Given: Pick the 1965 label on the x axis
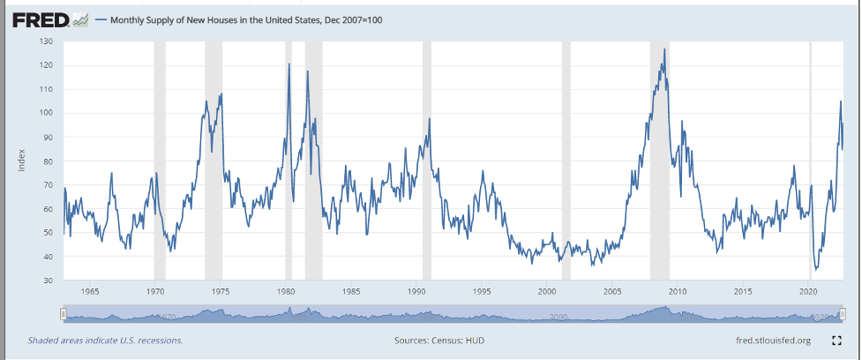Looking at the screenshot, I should [89, 290].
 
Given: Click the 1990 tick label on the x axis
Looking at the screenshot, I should [416, 290].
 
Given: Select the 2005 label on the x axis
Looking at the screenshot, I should [612, 290].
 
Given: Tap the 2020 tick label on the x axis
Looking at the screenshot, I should [808, 290].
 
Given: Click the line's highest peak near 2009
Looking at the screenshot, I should [664, 49].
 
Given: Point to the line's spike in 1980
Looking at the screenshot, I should [289, 64].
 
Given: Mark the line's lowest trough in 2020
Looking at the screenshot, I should [815, 269].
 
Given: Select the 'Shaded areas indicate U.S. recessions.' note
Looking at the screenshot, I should [105, 340].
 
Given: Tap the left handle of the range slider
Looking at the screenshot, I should [64, 314].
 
